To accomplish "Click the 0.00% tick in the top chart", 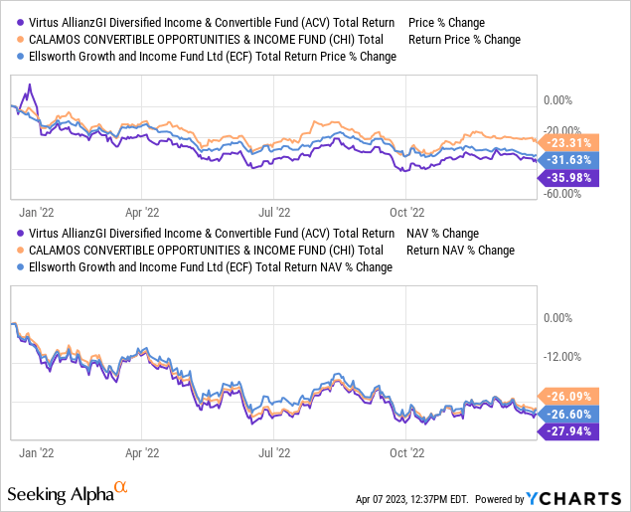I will [558, 100].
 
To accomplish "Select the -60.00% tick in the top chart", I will [562, 194].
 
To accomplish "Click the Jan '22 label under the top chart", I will [38, 212].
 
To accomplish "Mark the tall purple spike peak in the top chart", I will [30, 84].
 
